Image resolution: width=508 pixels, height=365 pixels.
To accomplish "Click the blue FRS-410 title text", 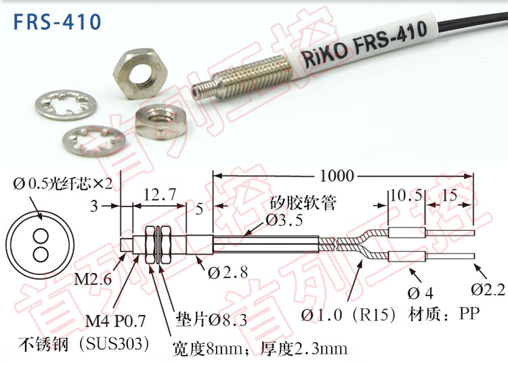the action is (57, 22).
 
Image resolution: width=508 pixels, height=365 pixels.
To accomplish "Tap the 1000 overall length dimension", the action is (337, 176).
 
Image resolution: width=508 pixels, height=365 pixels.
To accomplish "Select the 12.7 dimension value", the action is (160, 194).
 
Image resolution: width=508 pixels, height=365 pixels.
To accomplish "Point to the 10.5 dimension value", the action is (406, 195).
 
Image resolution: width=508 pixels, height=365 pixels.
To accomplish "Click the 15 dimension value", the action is (449, 195).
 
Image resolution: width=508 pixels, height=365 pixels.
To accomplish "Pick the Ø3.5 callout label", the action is (284, 220).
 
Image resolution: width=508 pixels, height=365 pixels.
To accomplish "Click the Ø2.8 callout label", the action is (228, 273).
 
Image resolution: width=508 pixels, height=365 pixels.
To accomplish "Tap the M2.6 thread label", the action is (93, 279).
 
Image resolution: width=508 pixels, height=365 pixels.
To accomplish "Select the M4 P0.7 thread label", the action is (115, 321).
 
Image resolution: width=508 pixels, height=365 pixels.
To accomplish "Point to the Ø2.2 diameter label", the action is (488, 289).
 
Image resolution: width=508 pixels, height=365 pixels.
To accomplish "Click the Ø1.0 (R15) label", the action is (348, 314).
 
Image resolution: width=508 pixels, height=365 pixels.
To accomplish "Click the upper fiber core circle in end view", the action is (41, 236).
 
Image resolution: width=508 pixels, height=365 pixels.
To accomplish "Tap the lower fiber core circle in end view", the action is (41, 254).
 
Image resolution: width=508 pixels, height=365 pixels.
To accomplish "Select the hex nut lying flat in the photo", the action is (161, 121).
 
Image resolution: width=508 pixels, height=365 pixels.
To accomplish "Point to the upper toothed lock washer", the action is (66, 105).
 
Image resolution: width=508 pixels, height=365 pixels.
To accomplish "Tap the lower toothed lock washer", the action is (94, 141).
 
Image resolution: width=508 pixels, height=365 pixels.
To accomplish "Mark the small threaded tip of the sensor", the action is (202, 89).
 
